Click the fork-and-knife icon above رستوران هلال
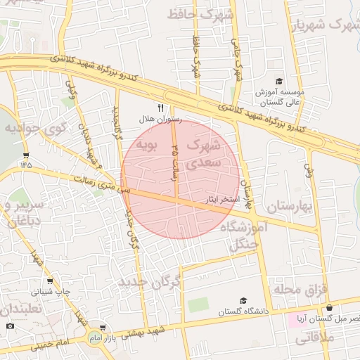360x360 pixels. pos(160,108)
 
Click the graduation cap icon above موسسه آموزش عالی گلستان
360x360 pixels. pos(279,81)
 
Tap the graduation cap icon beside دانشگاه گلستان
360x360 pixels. pos(243,300)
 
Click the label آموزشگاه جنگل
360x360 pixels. pos(250,235)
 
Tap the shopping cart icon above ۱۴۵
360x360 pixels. pos(27,155)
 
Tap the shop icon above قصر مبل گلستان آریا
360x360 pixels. pos(329,307)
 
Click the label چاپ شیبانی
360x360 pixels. pos(50,290)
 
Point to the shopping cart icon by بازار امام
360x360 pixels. pos(103,328)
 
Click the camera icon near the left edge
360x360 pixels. pos(10,326)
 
